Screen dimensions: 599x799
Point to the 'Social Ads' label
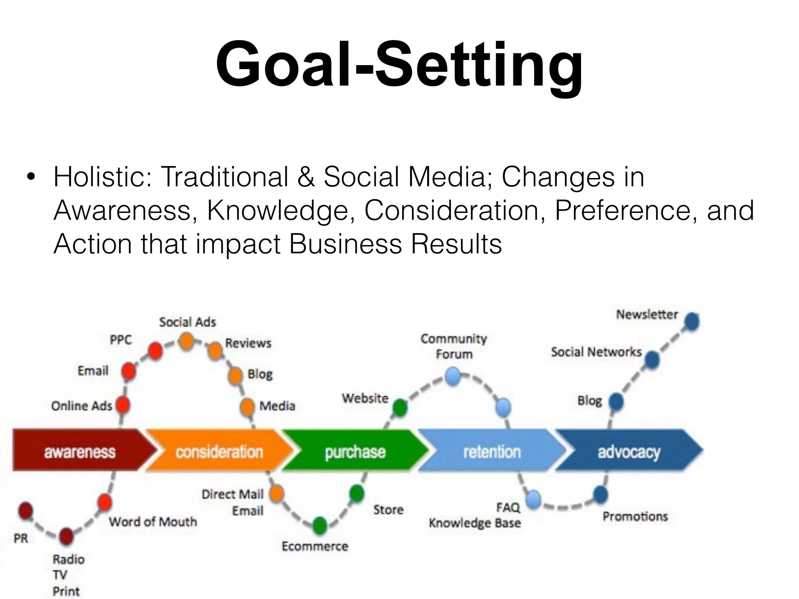(x=187, y=322)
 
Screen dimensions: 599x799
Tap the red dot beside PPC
(x=155, y=351)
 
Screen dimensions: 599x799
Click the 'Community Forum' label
(x=454, y=346)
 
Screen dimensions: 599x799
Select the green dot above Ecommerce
(x=320, y=525)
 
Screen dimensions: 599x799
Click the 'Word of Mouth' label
(x=153, y=522)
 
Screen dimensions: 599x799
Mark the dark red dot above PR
(x=25, y=511)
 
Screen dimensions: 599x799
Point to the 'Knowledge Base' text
(x=475, y=523)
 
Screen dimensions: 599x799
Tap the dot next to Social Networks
(x=652, y=360)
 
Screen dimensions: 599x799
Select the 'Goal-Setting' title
(x=399, y=64)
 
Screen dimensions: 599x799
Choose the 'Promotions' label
(x=635, y=517)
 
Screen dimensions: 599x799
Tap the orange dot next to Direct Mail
(x=277, y=493)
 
